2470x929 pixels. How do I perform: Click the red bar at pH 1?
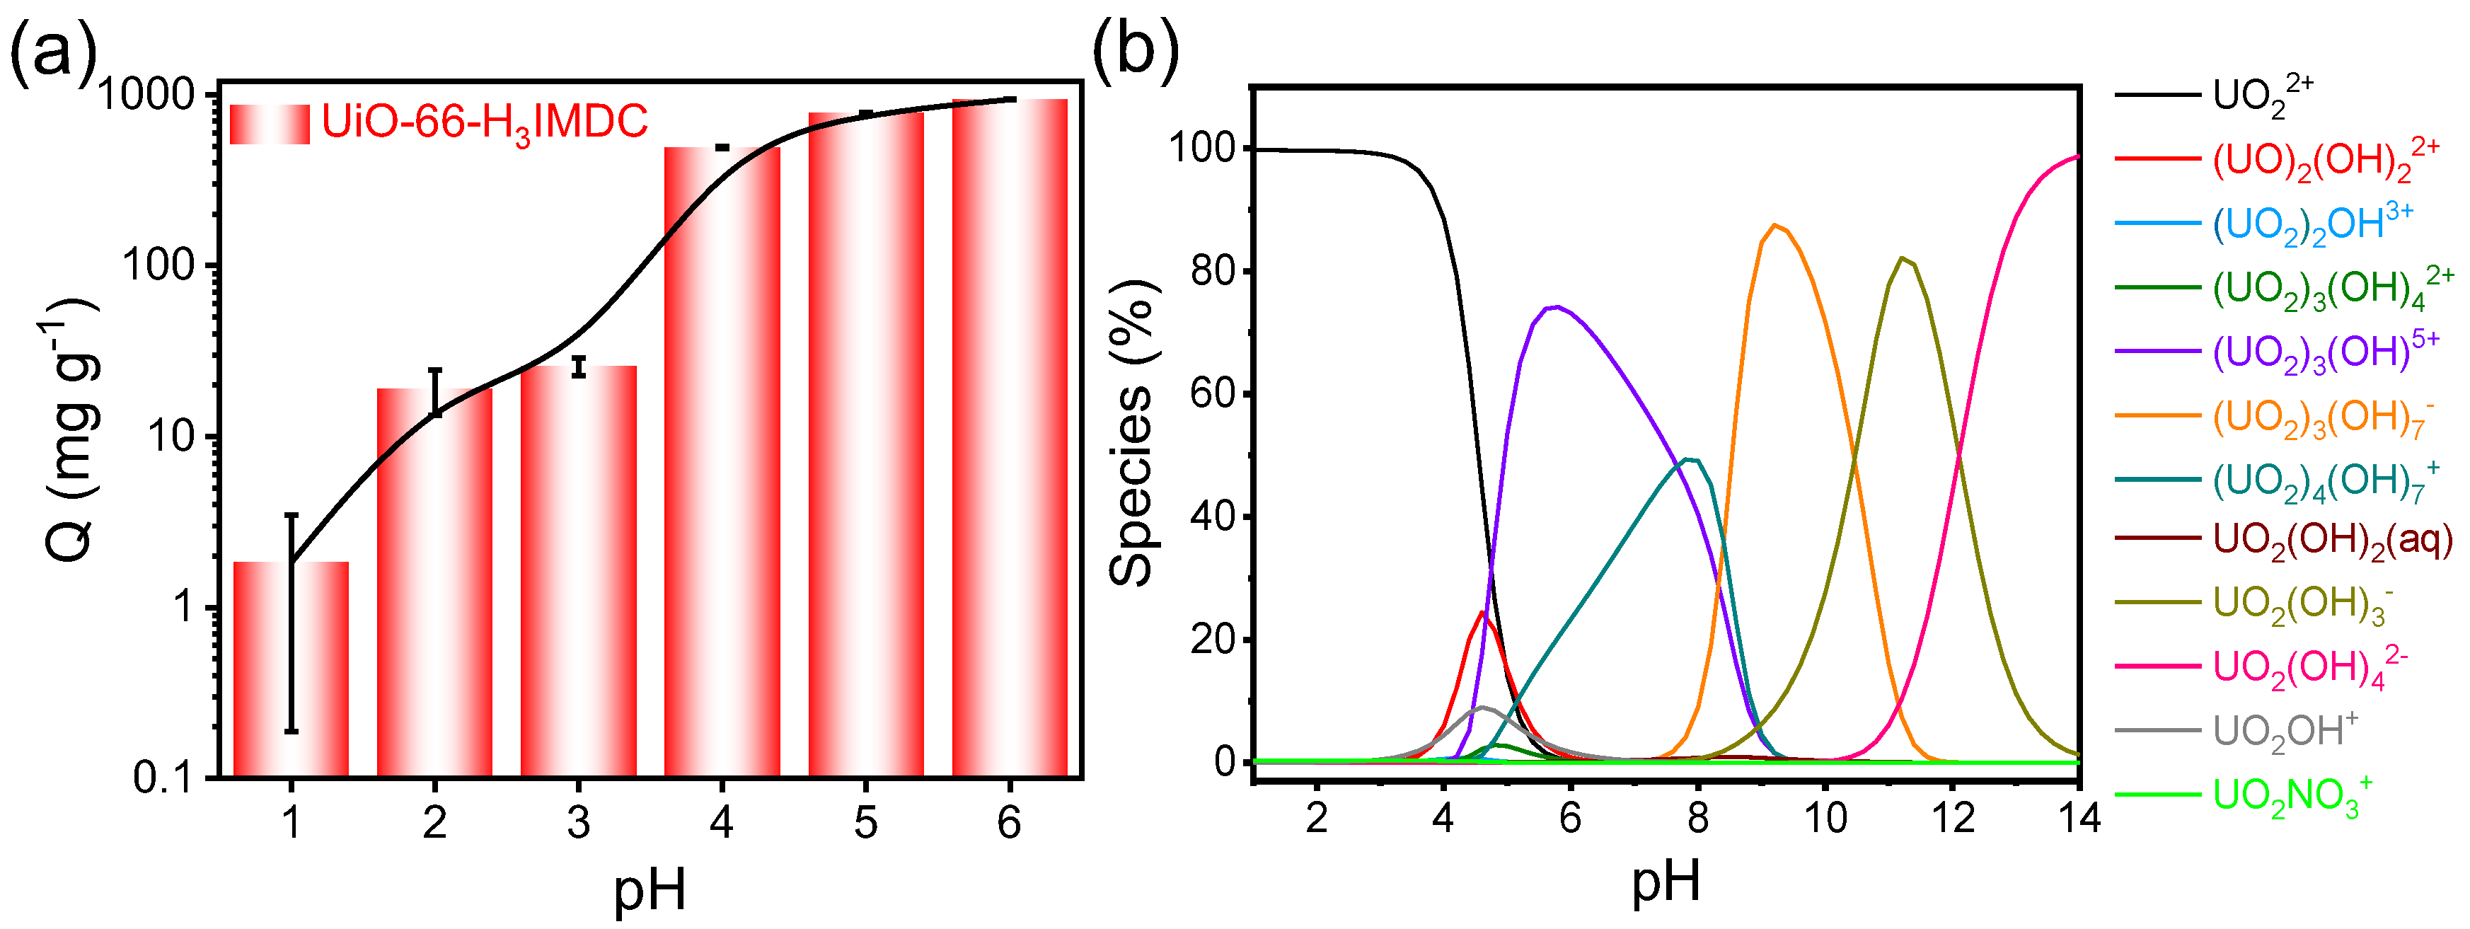[x=291, y=671]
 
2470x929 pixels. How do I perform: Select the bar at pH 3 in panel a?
[x=578, y=575]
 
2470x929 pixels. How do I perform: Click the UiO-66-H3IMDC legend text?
[x=484, y=122]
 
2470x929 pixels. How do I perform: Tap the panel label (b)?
[x=1136, y=48]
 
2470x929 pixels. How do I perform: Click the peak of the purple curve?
[x=1556, y=307]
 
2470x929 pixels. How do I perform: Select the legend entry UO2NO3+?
[x=2292, y=796]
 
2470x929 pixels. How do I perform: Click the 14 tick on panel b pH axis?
[x=2077, y=819]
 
